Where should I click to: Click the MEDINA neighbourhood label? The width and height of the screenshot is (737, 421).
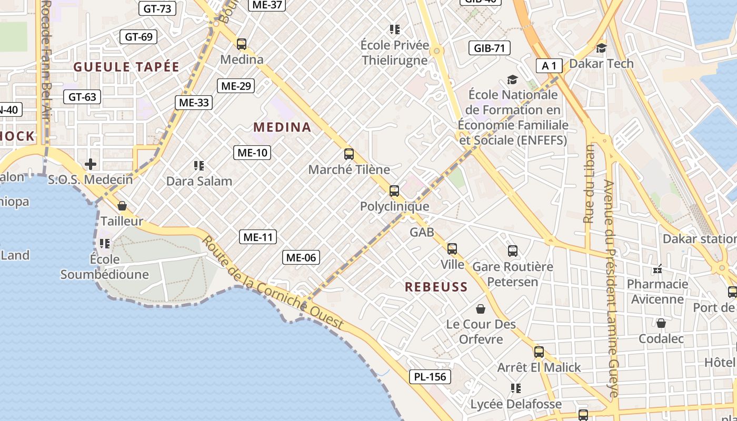(282, 127)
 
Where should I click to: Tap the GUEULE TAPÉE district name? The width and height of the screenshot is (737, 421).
(126, 67)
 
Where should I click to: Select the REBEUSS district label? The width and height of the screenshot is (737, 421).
(436, 287)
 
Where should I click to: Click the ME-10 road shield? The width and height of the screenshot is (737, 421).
(252, 153)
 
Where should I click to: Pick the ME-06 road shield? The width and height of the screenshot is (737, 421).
(301, 257)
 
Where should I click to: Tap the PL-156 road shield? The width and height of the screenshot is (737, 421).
(430, 376)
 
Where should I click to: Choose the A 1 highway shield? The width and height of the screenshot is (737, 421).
(549, 66)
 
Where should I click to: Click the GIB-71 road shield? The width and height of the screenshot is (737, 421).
(490, 48)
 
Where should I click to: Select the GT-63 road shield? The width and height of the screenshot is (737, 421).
(82, 97)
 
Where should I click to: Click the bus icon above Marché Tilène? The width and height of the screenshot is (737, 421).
(348, 154)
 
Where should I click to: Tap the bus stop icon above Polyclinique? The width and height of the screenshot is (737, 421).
(394, 191)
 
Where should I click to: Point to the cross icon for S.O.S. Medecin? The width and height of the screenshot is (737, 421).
(91, 164)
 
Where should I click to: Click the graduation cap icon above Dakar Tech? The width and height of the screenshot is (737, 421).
(601, 48)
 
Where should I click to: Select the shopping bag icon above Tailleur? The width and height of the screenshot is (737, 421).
(122, 206)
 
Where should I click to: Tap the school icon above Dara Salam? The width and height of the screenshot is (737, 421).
(199, 166)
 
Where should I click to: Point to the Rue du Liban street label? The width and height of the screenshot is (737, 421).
(589, 184)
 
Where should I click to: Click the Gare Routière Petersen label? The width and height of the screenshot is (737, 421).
(512, 274)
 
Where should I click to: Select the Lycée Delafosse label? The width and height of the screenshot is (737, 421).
(516, 404)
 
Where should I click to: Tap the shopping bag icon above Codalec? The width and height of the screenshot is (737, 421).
(661, 323)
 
